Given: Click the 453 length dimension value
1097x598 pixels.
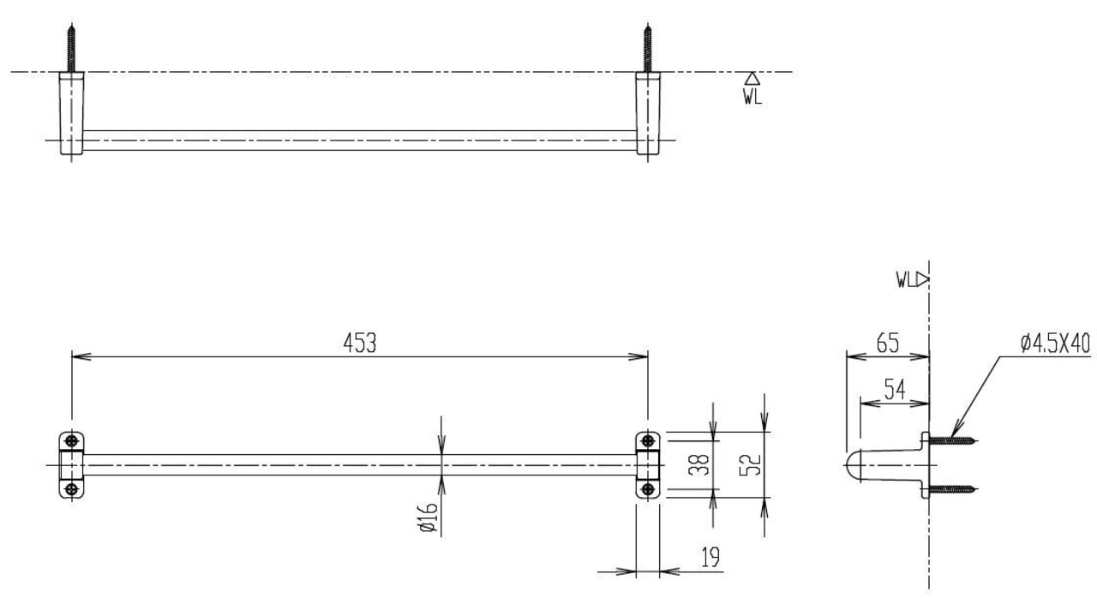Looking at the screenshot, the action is pyautogui.click(x=360, y=343).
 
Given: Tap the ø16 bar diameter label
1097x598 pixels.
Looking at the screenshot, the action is pyautogui.click(x=428, y=517).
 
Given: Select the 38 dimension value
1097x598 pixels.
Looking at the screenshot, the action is pyautogui.click(x=698, y=465).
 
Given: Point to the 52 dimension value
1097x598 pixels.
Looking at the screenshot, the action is pyautogui.click(x=750, y=465).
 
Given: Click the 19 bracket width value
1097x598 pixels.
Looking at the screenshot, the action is pyautogui.click(x=710, y=557).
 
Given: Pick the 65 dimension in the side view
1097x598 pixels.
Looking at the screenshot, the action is pyautogui.click(x=888, y=343).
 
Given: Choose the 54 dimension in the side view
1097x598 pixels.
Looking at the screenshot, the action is pyautogui.click(x=895, y=390).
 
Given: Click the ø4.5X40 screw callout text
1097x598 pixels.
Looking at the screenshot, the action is pyautogui.click(x=1055, y=343).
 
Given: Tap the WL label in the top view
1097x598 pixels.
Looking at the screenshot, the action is pyautogui.click(x=752, y=97).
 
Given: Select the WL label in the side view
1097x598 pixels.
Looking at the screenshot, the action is pyautogui.click(x=906, y=280).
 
